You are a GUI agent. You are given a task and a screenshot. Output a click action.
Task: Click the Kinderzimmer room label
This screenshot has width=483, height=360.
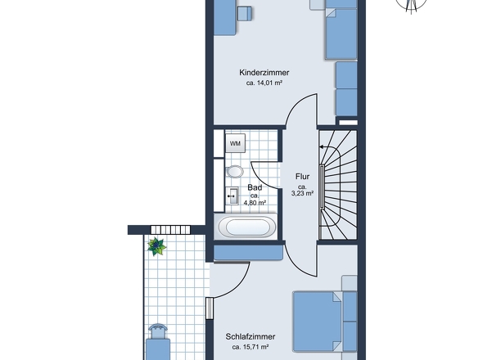(264, 73)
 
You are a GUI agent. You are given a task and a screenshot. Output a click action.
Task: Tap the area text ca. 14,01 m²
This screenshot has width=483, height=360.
(264, 83)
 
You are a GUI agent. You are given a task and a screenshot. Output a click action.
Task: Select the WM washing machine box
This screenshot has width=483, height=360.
(235, 143)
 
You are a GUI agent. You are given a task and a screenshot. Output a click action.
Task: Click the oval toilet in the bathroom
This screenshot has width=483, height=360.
(235, 172)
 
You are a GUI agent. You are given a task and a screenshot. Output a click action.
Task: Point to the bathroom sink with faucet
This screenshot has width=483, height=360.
(232, 196)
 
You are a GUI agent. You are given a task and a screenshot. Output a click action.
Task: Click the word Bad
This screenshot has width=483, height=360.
(255, 187)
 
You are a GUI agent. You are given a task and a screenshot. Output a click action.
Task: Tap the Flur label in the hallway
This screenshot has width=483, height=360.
(302, 177)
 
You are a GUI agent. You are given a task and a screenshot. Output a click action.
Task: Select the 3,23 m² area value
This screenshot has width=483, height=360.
(302, 193)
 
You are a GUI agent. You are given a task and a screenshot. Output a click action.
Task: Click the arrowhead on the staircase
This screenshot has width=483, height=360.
(322, 147)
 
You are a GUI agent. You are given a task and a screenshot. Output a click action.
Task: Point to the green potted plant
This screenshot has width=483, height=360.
(157, 246)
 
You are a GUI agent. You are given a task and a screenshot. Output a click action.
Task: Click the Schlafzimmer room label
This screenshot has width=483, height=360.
(251, 336)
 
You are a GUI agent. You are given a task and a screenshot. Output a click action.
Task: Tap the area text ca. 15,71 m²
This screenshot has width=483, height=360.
(251, 347)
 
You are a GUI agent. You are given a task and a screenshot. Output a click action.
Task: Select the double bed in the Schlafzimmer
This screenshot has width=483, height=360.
(325, 322)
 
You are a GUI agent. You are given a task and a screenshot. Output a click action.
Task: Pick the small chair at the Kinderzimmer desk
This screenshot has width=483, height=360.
(245, 14)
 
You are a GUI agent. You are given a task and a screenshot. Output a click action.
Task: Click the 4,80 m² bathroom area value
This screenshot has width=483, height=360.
(255, 203)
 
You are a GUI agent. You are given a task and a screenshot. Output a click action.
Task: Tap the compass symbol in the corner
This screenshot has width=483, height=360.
(411, 5)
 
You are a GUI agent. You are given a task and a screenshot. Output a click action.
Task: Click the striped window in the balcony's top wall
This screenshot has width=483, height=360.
(170, 230)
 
